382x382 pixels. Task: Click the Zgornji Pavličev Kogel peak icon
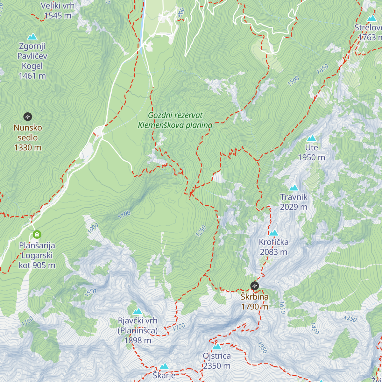pyautogui.click(x=32, y=37)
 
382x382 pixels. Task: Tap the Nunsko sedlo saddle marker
pyautogui.click(x=28, y=117)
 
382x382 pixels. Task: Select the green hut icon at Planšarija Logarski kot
pyautogui.click(x=37, y=235)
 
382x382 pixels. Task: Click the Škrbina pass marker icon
pyautogui.click(x=255, y=286)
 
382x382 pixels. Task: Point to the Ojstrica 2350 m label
pyautogui.click(x=217, y=361)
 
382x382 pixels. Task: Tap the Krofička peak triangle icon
pyautogui.click(x=274, y=233)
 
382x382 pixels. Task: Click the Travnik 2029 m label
pyautogui.click(x=294, y=202)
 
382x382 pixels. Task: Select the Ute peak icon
pyautogui.click(x=311, y=138)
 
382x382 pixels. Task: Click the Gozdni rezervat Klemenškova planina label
pyautogui.click(x=175, y=120)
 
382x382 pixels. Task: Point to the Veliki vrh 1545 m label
pyautogui.click(x=58, y=11)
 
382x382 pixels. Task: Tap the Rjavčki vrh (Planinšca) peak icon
pyautogui.click(x=138, y=311)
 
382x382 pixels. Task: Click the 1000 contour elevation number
pyautogui.click(x=93, y=228)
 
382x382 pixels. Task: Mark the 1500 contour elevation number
pyautogui.click(x=293, y=81)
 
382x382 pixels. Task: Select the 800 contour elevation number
pyautogui.click(x=181, y=12)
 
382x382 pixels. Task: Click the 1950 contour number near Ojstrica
pyautogui.click(x=262, y=348)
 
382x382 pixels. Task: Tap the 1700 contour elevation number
pyautogui.click(x=179, y=327)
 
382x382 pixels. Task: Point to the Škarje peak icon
pyautogui.click(x=164, y=366)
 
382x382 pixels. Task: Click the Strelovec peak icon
pyautogui.click(x=371, y=18)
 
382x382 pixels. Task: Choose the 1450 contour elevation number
pyautogui.click(x=314, y=328)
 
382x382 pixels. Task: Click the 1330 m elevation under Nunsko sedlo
pyautogui.click(x=28, y=147)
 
